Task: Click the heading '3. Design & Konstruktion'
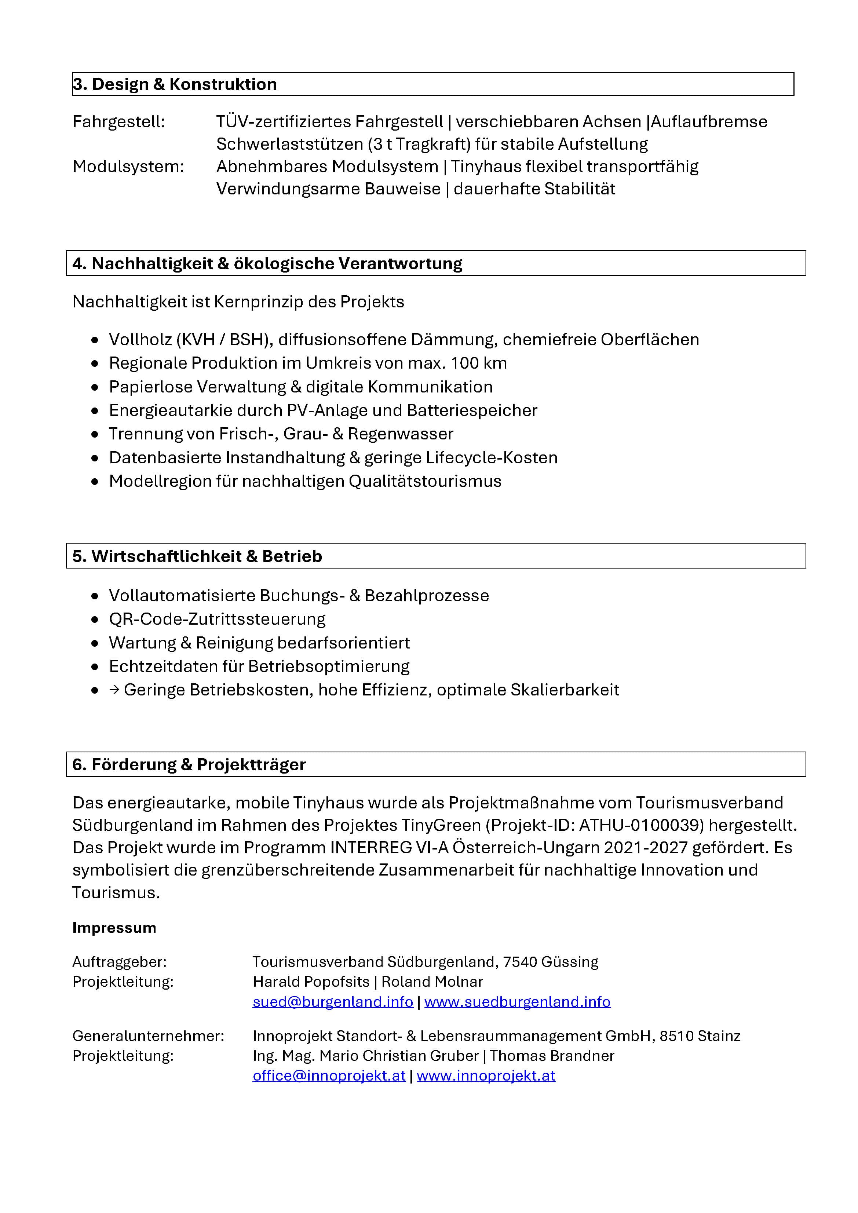click(175, 84)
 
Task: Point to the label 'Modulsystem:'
click(128, 167)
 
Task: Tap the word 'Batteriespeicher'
click(472, 410)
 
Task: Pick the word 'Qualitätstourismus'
click(425, 481)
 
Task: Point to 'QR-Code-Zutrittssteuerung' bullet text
click(217, 619)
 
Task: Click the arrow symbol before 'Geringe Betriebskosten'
click(114, 690)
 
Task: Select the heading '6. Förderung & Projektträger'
click(189, 764)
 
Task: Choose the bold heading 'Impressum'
click(114, 928)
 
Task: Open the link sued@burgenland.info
click(332, 1002)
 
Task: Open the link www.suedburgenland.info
click(517, 1002)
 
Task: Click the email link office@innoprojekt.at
click(329, 1076)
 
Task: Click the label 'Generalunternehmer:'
click(148, 1035)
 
